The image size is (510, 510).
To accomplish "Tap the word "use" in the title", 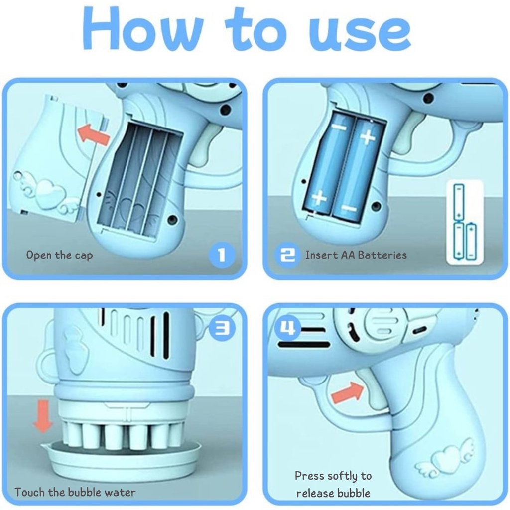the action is click(x=360, y=34).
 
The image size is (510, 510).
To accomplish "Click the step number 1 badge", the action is click(x=222, y=255).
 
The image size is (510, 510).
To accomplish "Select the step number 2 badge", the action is click(x=288, y=255).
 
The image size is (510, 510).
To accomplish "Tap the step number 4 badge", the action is click(x=288, y=327).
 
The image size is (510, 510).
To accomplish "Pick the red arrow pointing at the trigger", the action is click(x=347, y=392).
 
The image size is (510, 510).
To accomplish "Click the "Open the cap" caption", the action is click(x=60, y=255).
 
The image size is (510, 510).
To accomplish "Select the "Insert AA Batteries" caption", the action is click(x=356, y=255).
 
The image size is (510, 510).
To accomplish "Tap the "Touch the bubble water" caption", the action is click(x=75, y=492).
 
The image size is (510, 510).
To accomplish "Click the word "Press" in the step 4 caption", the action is click(x=309, y=476).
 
